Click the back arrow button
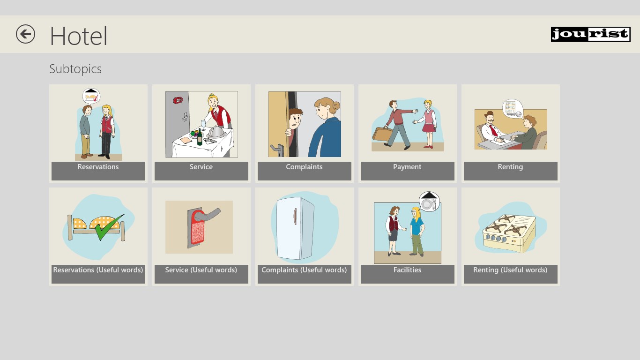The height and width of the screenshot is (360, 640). [x=25, y=34]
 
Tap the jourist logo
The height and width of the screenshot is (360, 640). [x=591, y=34]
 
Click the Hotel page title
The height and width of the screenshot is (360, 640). [x=79, y=36]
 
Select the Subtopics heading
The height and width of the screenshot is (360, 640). [x=75, y=69]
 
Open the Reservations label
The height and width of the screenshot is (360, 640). [x=98, y=167]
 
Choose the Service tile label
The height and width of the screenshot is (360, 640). [x=201, y=167]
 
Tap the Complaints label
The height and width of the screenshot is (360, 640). [x=304, y=167]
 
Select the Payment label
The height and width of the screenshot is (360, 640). [x=407, y=167]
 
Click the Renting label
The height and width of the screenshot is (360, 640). [x=510, y=167]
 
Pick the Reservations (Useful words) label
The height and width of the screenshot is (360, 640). [x=98, y=270]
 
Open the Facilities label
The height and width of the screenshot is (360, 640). [x=407, y=270]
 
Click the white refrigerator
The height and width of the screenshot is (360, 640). [x=295, y=228]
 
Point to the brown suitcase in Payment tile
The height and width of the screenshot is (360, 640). [x=382, y=134]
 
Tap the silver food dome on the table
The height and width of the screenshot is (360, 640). [x=216, y=132]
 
